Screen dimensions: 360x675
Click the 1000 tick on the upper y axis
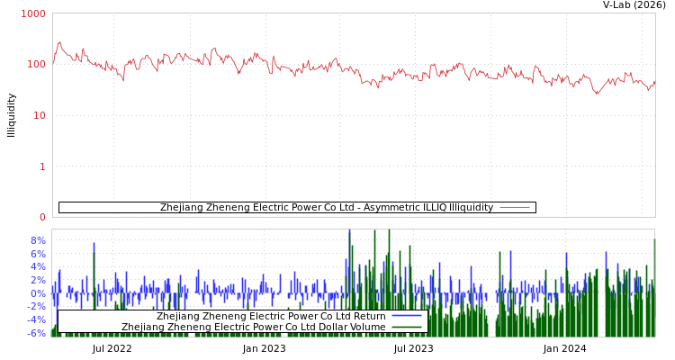pos(33,14)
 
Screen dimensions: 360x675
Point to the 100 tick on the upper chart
pos(36,65)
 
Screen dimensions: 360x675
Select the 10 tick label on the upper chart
pos(39,116)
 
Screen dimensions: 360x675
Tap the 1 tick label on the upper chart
pos(41,166)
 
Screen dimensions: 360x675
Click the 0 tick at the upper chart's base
pos(41,217)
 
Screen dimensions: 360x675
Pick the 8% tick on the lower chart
pos(37,241)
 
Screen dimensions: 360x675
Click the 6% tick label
pos(37,254)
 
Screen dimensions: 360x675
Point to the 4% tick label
pos(37,267)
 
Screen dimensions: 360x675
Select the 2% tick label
pos(37,280)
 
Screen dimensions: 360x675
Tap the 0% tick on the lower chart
pos(37,293)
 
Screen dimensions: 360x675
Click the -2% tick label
pos(35,307)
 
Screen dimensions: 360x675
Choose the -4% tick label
pos(35,319)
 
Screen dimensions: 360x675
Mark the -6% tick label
pos(35,333)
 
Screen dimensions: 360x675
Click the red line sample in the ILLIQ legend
pos(514,208)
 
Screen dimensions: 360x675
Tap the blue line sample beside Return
pos(407,317)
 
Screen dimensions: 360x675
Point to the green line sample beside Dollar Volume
pos(407,328)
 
